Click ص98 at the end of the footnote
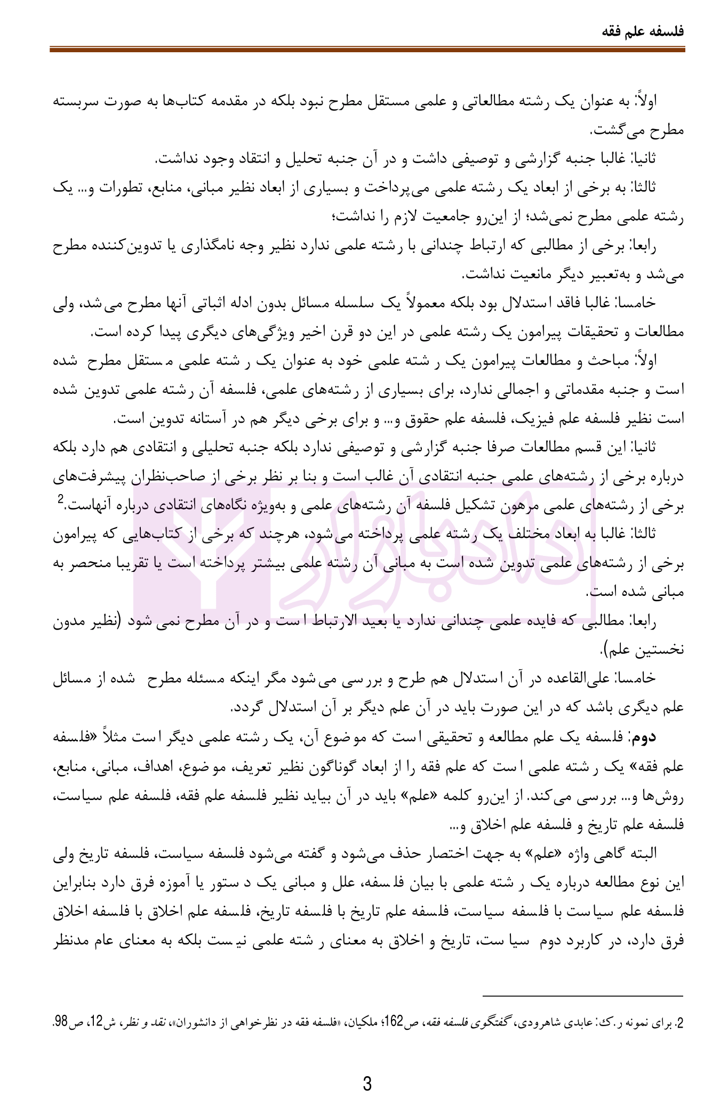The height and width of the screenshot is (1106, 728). [x=63, y=1024]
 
